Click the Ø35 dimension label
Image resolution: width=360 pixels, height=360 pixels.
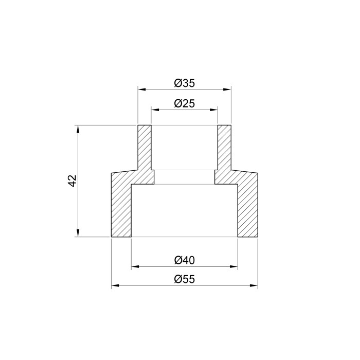click(x=184, y=83)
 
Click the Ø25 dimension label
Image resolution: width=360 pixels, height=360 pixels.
click(x=184, y=103)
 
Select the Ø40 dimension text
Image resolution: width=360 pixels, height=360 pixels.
click(x=184, y=260)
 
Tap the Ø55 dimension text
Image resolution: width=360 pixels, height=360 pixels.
click(x=184, y=279)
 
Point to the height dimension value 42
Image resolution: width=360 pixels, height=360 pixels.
click(x=73, y=181)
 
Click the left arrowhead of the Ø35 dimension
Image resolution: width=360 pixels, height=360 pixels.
click(x=141, y=89)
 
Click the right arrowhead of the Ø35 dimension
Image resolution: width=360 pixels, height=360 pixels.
click(x=227, y=89)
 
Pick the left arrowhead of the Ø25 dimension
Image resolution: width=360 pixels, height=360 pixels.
click(x=155, y=110)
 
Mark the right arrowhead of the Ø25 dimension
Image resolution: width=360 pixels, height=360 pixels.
click(x=214, y=110)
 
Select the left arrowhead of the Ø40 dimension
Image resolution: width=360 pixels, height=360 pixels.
click(x=135, y=266)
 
